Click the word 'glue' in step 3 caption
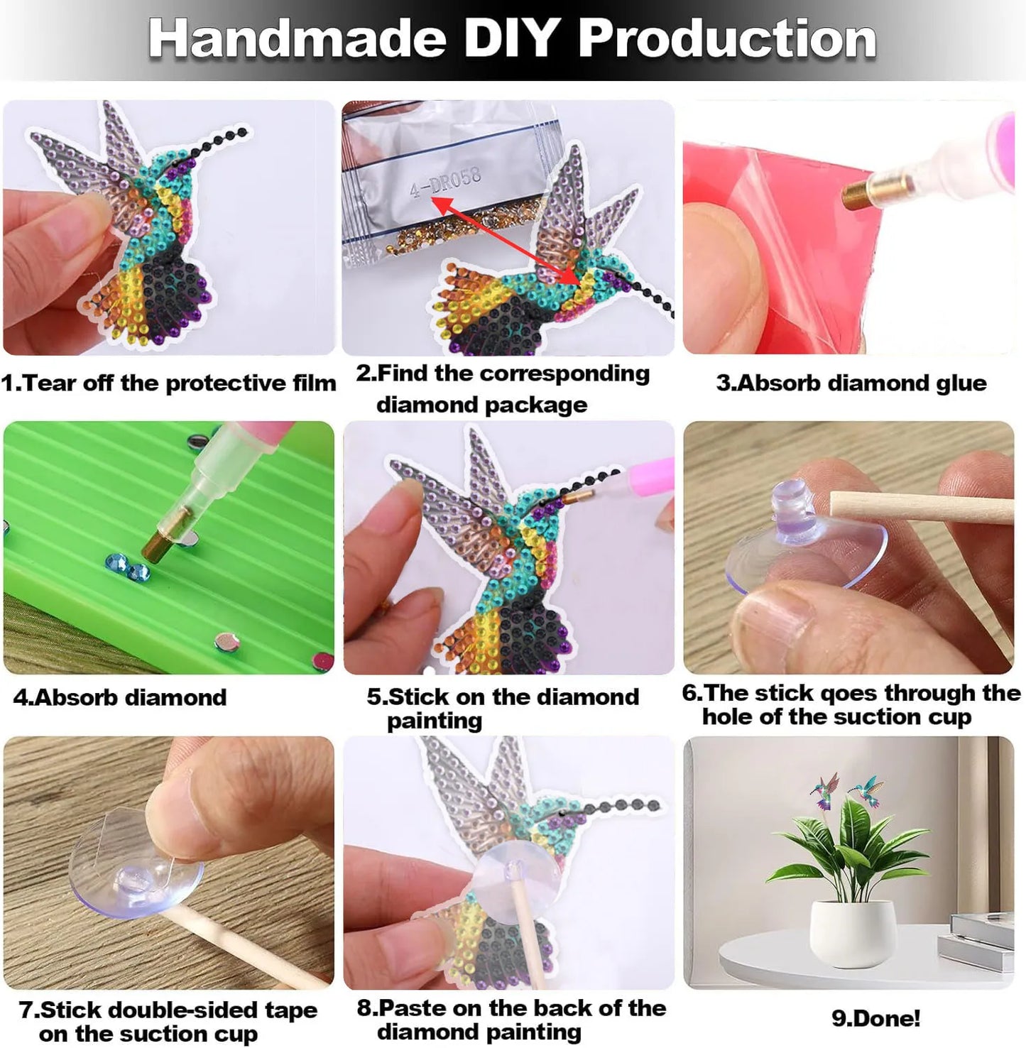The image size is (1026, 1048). point(958,383)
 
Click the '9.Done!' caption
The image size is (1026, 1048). point(876,1018)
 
